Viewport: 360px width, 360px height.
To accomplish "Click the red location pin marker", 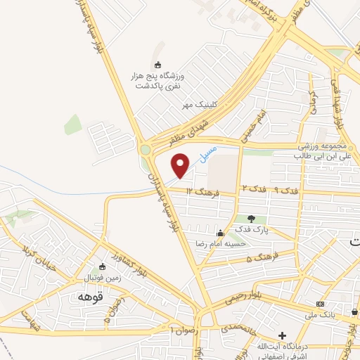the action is coord(181,166).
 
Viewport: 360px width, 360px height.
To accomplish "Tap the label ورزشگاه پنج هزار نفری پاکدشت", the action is coord(157,79).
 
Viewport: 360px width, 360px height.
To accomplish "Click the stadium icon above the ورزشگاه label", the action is coord(157,65).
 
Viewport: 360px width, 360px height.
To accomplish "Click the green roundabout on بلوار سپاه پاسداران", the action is coord(146,149).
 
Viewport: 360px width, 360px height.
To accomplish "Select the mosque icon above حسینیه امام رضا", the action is coord(221,233).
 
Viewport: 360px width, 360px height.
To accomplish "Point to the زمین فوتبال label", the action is coord(103,277).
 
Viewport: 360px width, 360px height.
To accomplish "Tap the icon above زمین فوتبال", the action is coord(103,266).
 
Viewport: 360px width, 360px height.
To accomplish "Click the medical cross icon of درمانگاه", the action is coord(283,336).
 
